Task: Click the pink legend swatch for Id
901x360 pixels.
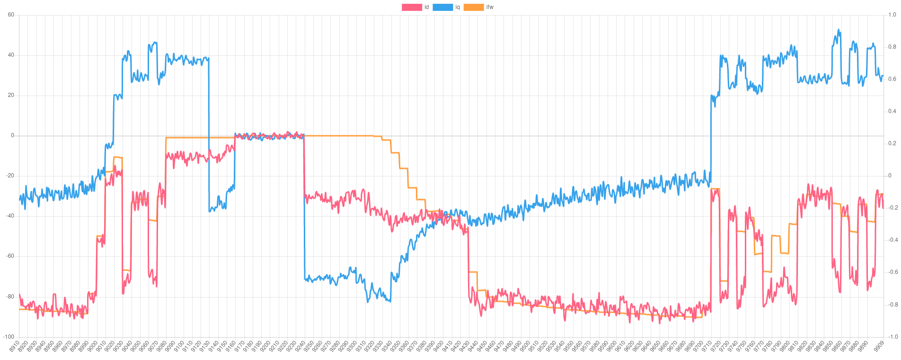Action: [412, 7]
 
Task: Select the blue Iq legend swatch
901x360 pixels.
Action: [442, 7]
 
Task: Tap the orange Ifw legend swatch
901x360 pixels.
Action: [473, 7]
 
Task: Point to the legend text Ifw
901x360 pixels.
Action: [490, 7]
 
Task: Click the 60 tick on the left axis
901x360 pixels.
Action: [11, 15]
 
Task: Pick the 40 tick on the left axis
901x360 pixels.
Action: [11, 55]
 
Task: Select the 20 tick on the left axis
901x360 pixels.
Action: [11, 95]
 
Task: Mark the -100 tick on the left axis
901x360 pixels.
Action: [9, 336]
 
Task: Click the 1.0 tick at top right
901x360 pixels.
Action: [892, 15]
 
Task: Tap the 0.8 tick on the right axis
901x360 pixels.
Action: [892, 47]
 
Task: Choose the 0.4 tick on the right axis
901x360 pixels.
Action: [892, 111]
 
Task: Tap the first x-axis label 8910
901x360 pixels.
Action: [15, 347]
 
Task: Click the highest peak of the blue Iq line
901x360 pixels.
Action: [839, 29]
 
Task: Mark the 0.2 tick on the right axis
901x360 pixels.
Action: [892, 143]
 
